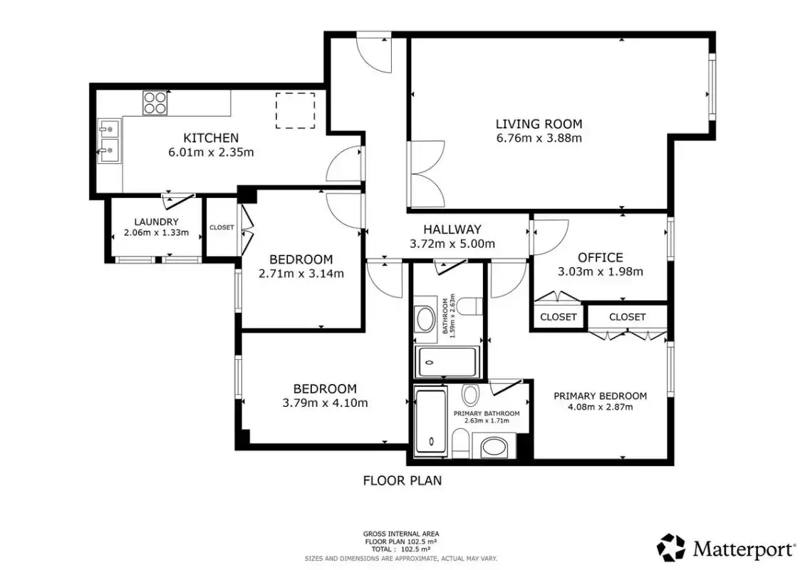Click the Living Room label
[539, 124]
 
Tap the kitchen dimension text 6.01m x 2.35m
[211, 152]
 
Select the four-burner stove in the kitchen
[155, 102]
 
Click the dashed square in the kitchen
[295, 110]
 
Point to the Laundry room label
[156, 222]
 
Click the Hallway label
[452, 229]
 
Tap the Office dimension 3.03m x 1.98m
[600, 271]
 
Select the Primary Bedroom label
[600, 396]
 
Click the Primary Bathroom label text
[486, 413]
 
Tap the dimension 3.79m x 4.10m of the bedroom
[325, 403]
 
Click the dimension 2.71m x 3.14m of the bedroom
[301, 274]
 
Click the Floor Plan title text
[402, 481]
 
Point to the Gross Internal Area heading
[401, 534]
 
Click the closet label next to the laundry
[222, 227]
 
